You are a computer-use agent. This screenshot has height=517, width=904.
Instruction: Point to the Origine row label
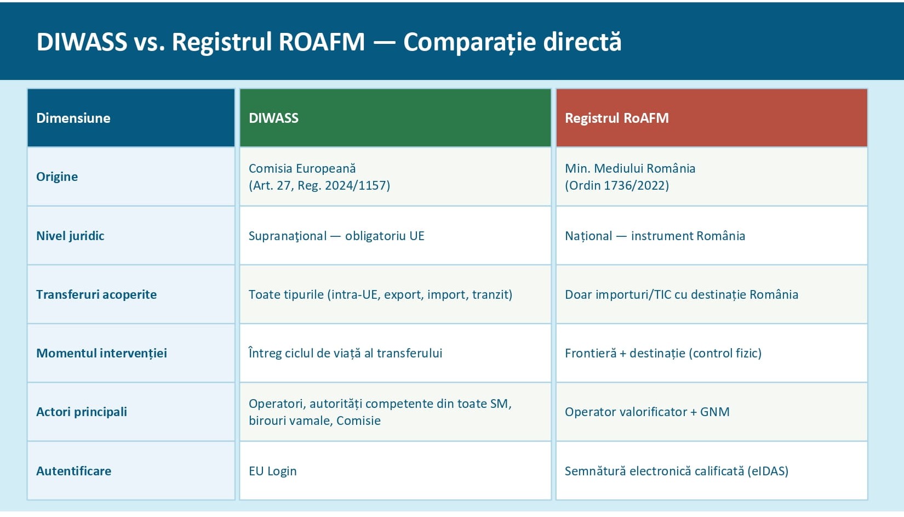[57, 177]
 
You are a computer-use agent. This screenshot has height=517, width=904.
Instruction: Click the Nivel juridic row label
[70, 236]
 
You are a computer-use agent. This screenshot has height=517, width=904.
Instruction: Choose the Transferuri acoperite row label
[96, 294]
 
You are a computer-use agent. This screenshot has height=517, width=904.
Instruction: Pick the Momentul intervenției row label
[101, 354]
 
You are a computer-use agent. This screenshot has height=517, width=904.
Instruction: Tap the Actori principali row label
[82, 412]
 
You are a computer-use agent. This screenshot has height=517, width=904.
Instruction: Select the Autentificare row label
[73, 471]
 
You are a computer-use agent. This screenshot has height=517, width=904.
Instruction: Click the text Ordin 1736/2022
[617, 185]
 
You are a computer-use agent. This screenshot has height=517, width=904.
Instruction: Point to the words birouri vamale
[290, 421]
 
